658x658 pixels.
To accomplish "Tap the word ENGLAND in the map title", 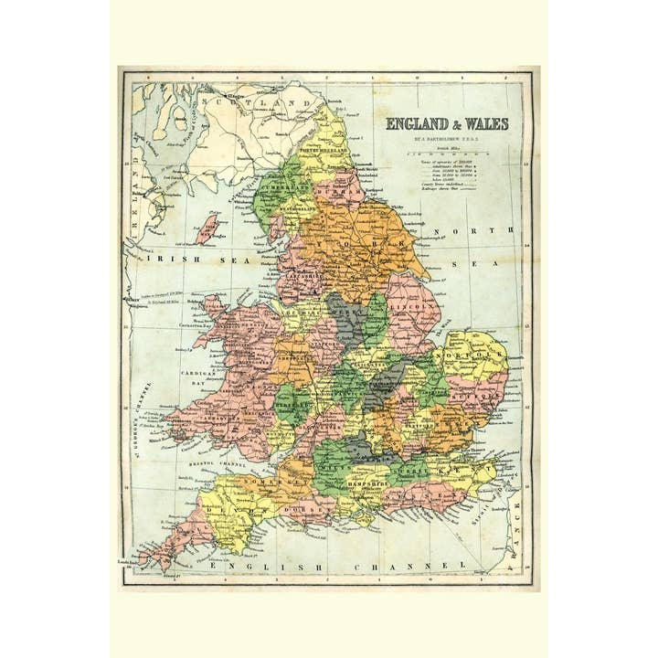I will [415, 124].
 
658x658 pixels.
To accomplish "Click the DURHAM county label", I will [343, 193].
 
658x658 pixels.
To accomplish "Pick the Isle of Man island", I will [208, 228].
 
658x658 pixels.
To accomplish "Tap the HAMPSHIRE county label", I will [378, 480].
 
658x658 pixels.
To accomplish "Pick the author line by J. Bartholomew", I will [446, 139].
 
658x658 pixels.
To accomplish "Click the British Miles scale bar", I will [447, 154].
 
